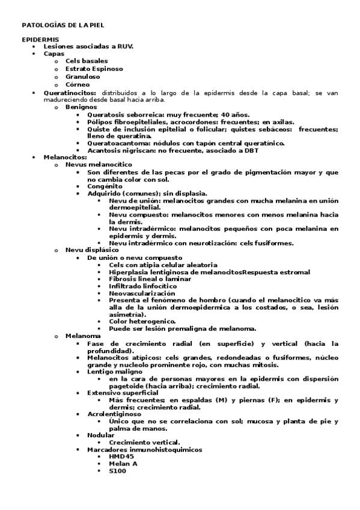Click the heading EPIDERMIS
40,39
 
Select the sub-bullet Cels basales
87,61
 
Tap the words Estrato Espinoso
94,69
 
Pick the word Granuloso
84,76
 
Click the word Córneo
78,84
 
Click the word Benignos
81,106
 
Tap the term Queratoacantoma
118,143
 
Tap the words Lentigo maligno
114,372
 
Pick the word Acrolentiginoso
114,414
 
